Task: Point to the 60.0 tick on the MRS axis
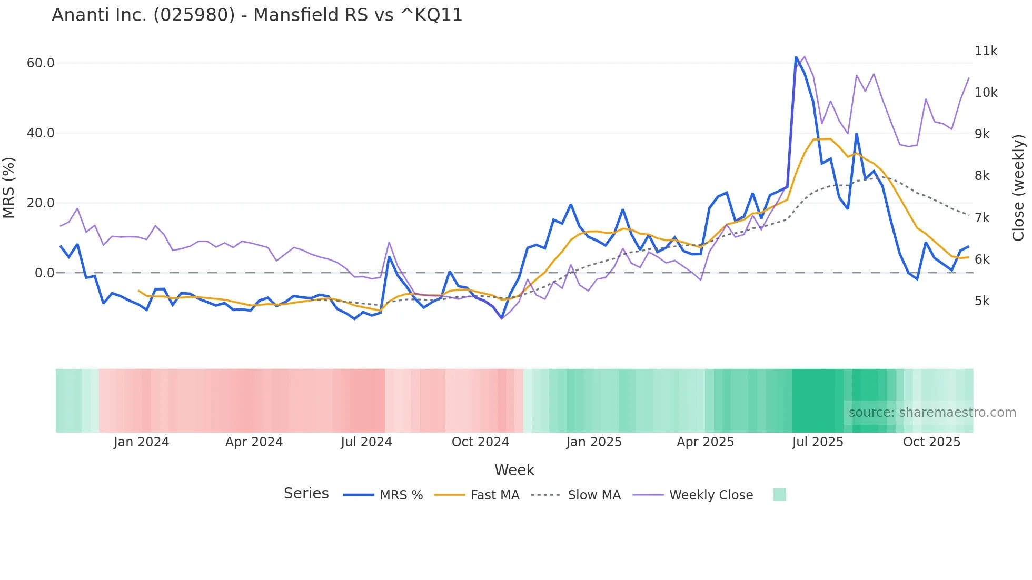pos(41,63)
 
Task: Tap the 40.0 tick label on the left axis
pos(41,133)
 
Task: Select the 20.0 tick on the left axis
pos(41,203)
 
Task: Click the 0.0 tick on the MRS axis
pos(44,273)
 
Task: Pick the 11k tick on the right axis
pos(986,51)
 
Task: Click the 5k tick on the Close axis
pos(982,301)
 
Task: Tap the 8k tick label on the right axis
pos(982,176)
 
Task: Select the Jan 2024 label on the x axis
pos(141,442)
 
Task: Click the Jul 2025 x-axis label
pos(818,442)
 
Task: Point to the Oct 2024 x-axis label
pos(480,442)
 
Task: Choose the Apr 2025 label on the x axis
pos(705,442)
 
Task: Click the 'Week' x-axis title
pos(514,470)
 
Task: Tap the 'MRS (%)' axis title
pos(8,187)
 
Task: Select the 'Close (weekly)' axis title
pos(1018,187)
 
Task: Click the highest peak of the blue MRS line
pos(796,57)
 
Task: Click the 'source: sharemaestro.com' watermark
pos(932,413)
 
